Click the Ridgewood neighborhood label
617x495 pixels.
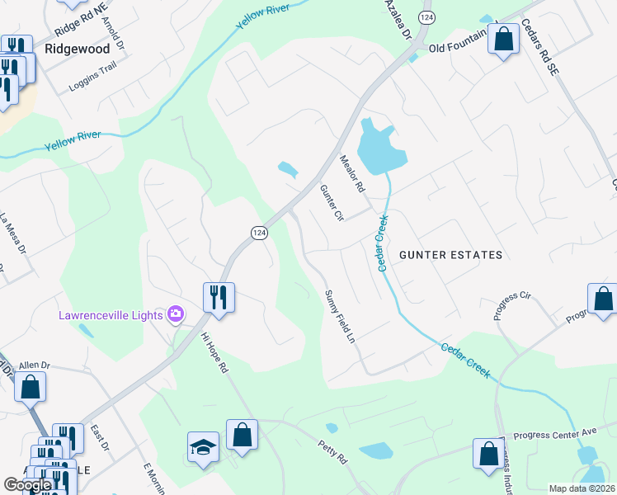coord(77,49)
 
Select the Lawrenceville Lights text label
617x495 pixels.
coord(111,314)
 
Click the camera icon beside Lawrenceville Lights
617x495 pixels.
coord(175,313)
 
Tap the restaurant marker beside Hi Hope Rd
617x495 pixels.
coord(219,297)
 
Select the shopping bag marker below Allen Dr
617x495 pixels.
coord(30,387)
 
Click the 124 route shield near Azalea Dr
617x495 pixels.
coord(426,16)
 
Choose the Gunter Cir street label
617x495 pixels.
coord(332,203)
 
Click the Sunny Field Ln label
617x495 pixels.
coord(339,317)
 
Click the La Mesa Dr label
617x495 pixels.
coord(13,232)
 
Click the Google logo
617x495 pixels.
coord(27,485)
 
